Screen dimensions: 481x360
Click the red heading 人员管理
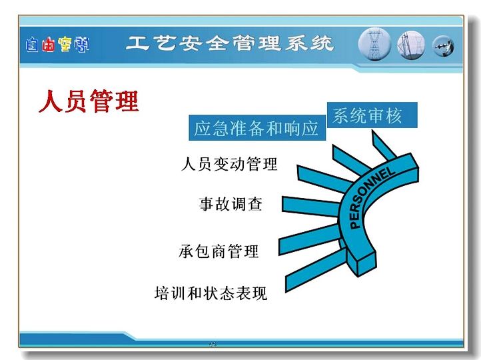pyautogui.click(x=89, y=101)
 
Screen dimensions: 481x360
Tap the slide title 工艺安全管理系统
pyautogui.click(x=230, y=43)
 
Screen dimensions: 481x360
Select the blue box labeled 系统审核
pyautogui.click(x=372, y=115)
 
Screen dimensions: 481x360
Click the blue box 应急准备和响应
pyautogui.click(x=257, y=128)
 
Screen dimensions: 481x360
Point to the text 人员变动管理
pyautogui.click(x=229, y=163)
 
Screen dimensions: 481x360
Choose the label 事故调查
pyautogui.click(x=231, y=204)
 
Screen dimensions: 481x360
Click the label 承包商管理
pyautogui.click(x=219, y=251)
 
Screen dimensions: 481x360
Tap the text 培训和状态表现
pyautogui.click(x=211, y=293)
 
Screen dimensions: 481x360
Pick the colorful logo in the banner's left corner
pyautogui.click(x=57, y=45)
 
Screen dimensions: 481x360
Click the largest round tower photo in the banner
pyautogui.click(x=374, y=44)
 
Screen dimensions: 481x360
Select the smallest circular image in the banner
pyautogui.click(x=443, y=47)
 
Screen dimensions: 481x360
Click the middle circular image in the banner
pyautogui.click(x=411, y=45)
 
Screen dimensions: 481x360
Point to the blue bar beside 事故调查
pyautogui.click(x=310, y=206)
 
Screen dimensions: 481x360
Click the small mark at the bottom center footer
pyautogui.click(x=213, y=344)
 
